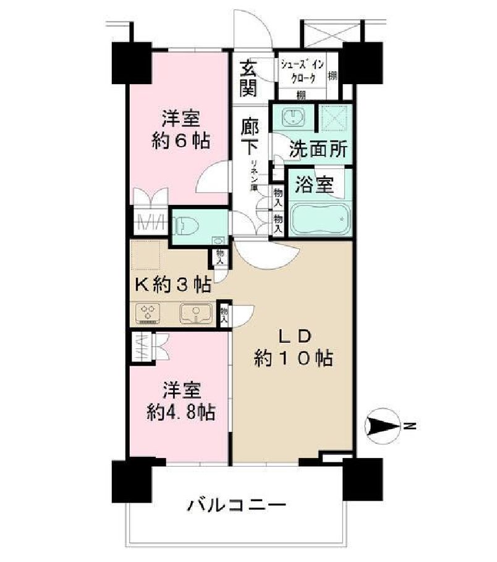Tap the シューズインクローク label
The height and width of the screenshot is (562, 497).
(x=299, y=71)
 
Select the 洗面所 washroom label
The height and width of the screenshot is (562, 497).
(x=319, y=149)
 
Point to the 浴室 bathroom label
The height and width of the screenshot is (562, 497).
(x=314, y=185)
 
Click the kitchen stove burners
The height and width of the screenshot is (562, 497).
(x=148, y=313)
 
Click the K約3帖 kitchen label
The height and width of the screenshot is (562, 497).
(x=172, y=285)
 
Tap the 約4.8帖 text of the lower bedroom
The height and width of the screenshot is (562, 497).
(x=181, y=412)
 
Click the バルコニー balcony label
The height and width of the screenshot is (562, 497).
(x=237, y=506)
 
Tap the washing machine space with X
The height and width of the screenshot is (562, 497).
(x=334, y=118)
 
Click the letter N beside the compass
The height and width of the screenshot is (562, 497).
(x=410, y=426)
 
